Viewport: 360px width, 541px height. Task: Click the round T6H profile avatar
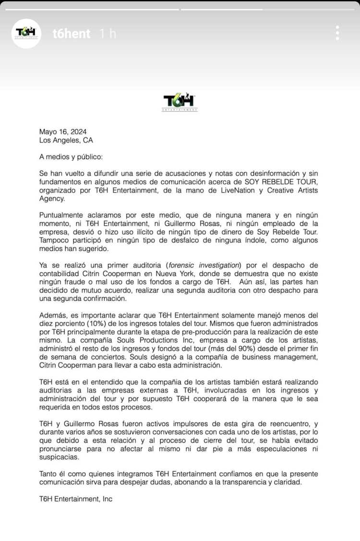(x=26, y=34)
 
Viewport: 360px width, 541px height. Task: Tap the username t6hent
(x=71, y=34)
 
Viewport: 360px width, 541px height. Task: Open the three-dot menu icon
(x=338, y=33)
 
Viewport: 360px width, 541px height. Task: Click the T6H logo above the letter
(x=180, y=101)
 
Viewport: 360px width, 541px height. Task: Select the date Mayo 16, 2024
(x=63, y=132)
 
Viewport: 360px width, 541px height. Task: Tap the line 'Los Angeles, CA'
(x=66, y=140)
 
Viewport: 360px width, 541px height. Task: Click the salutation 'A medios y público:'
(x=71, y=157)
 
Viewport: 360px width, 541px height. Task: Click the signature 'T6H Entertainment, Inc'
(x=76, y=499)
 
